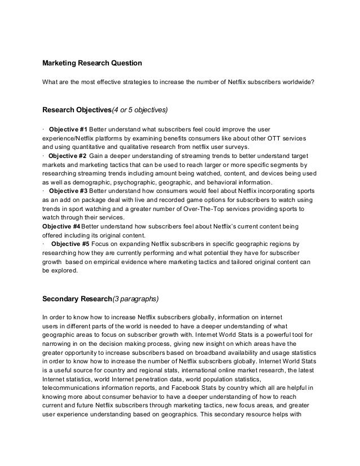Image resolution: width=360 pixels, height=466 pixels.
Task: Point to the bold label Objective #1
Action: pyautogui.click(x=69, y=128)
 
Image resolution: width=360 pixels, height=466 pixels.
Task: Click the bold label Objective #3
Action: pyautogui.click(x=68, y=191)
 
